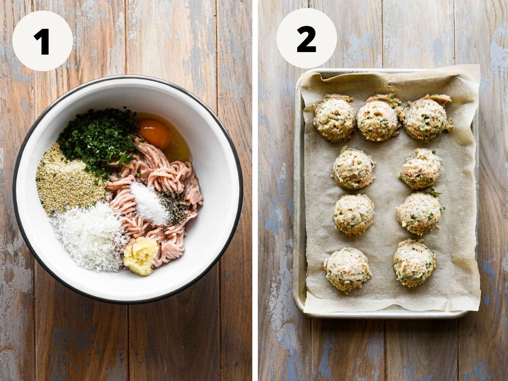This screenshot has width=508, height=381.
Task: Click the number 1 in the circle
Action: (x=42, y=41)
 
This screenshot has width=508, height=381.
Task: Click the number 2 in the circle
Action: (x=306, y=39)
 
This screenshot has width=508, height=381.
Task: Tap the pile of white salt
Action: (x=149, y=204)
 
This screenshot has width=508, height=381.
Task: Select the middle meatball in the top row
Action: (x=378, y=118)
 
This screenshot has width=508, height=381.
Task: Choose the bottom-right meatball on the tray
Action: (x=414, y=263)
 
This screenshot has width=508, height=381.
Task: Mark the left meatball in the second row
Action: (x=353, y=168)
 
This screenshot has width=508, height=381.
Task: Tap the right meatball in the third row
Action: (x=419, y=213)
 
